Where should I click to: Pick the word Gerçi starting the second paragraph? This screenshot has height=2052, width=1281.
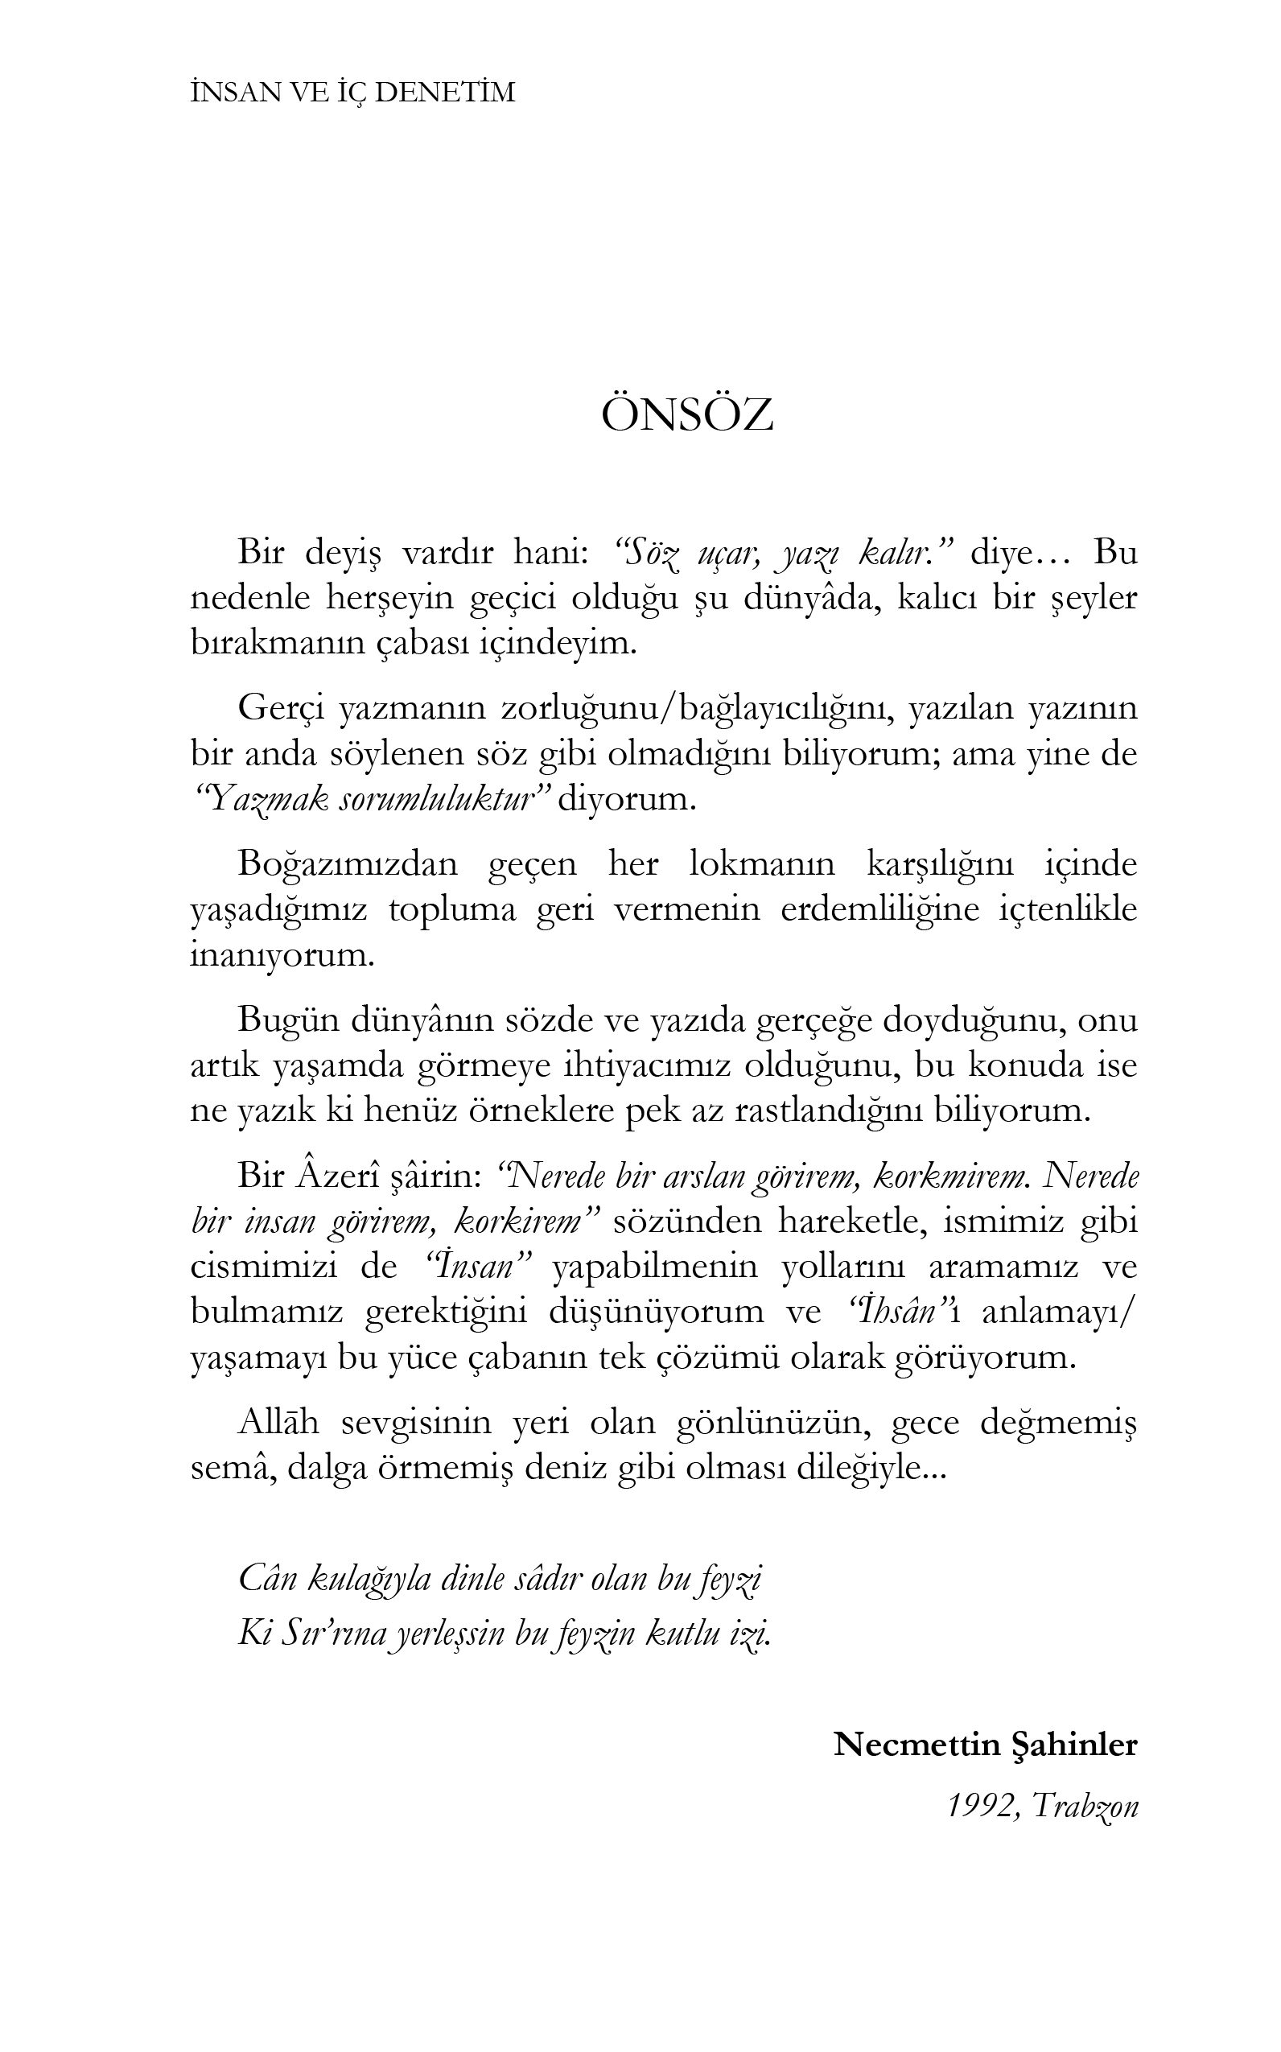tap(281, 708)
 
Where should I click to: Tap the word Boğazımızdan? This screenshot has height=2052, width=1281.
tap(348, 866)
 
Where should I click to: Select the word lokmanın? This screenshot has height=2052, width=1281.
tap(763, 864)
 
